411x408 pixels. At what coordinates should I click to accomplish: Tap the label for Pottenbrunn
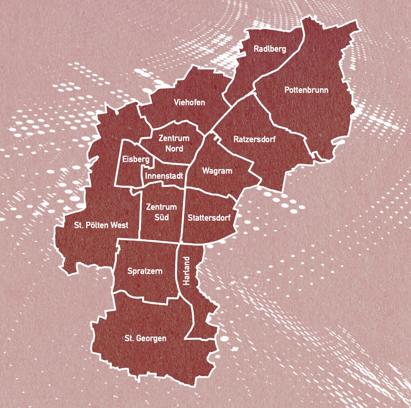point(306,90)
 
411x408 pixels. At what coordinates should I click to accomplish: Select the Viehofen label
point(189,103)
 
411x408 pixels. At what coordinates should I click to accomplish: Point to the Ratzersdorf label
point(254,139)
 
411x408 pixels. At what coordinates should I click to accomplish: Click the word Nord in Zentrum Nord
point(174,148)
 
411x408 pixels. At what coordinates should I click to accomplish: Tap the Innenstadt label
point(164,176)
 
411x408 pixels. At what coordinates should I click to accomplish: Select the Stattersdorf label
point(209,218)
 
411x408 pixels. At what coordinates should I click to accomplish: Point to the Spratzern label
point(145,271)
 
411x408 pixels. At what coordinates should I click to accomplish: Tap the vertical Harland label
point(187,271)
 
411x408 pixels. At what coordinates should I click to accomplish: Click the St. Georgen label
point(145,338)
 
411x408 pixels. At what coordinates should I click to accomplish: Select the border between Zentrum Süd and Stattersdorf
point(183,216)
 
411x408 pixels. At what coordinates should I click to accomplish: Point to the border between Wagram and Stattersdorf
point(212,193)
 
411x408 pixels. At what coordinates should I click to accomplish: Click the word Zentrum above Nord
point(174,138)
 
